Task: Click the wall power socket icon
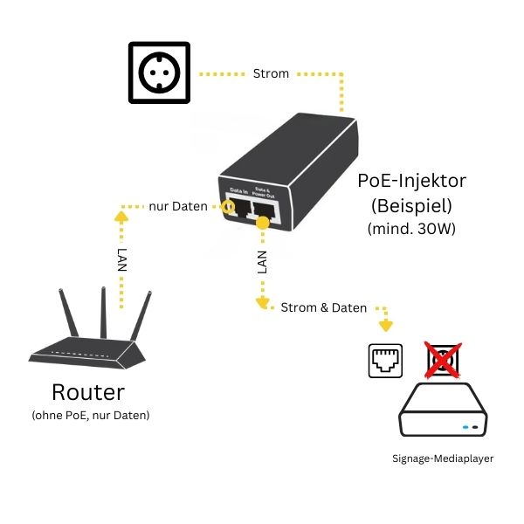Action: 159,72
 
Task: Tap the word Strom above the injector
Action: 271,73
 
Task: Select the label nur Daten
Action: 177,206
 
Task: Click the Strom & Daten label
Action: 323,307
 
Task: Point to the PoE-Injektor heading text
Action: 412,181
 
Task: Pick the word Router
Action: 88,391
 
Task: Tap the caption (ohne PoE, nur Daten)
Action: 90,415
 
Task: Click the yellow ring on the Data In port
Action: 229,207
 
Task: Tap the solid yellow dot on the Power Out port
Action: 261,224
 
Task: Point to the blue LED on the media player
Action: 465,428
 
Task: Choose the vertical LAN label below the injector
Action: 261,263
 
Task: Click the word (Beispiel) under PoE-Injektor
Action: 412,207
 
